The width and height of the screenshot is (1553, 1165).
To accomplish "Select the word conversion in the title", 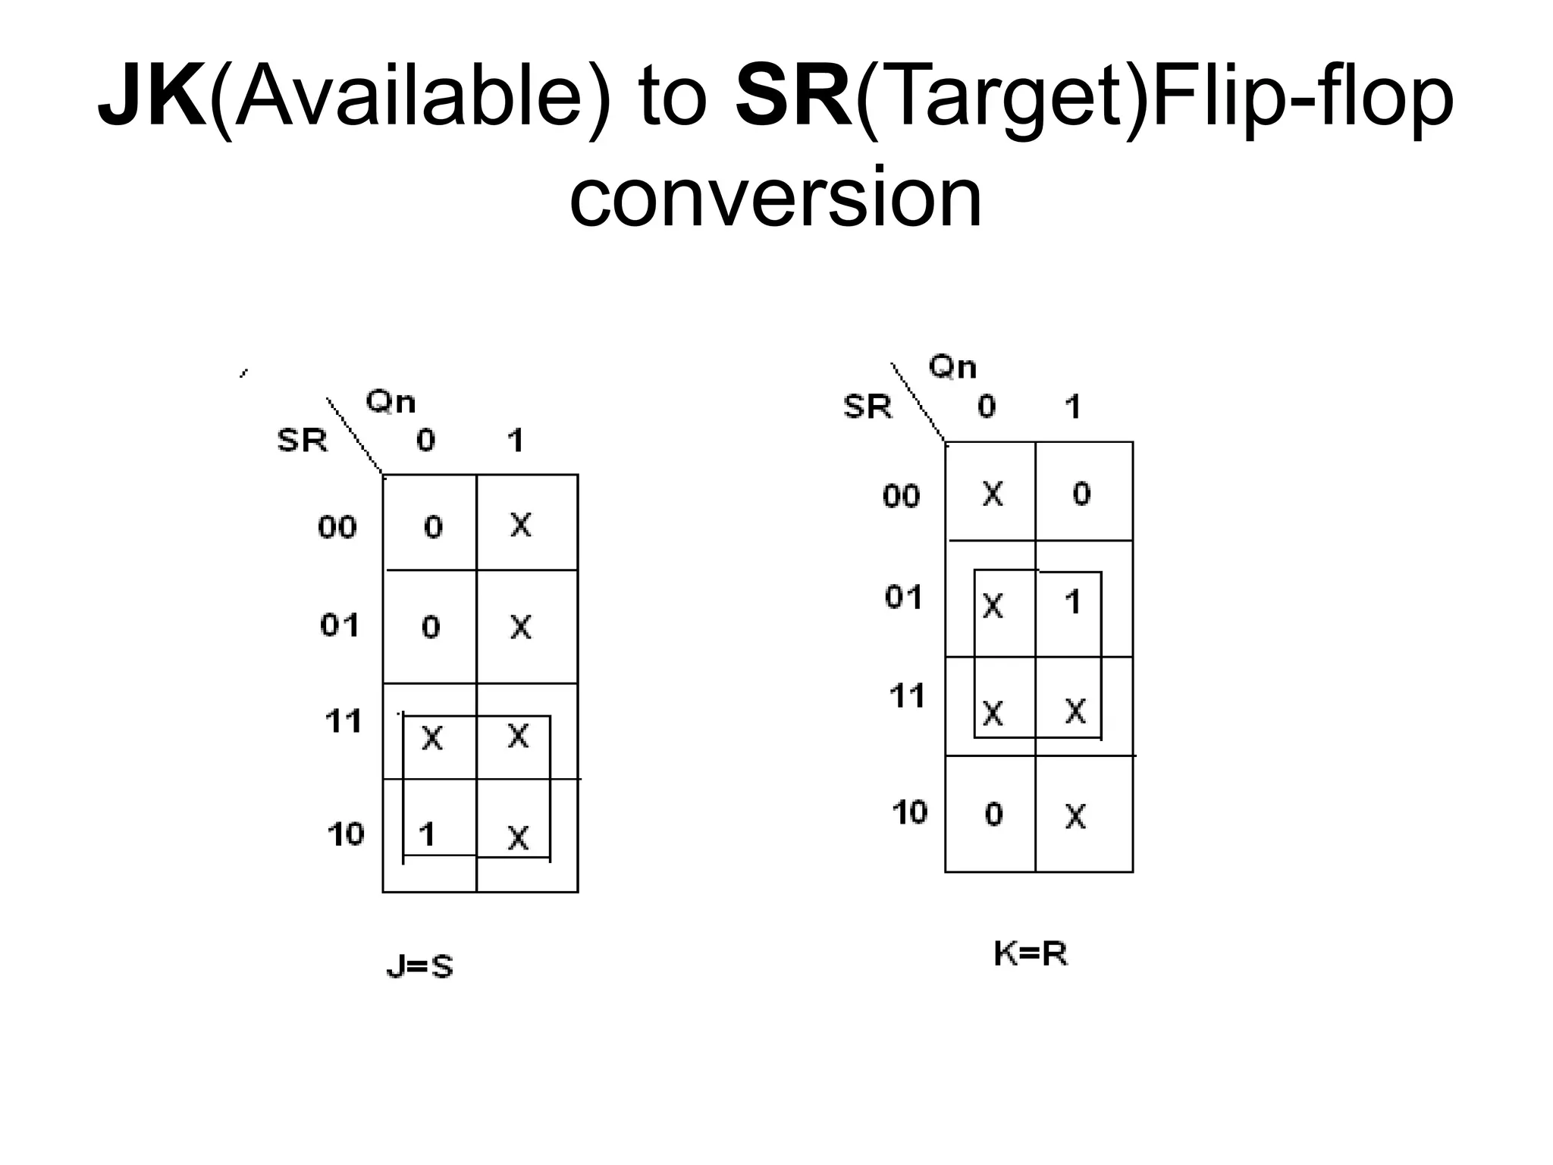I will (776, 197).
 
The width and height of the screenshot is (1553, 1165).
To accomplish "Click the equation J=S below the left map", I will (419, 966).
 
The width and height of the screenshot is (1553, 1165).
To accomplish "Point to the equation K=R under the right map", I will (1031, 954).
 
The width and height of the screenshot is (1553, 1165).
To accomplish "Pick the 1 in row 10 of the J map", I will (427, 834).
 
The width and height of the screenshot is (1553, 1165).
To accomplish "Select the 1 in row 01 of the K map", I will (1072, 602).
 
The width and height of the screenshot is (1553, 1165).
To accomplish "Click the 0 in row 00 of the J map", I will (432, 526).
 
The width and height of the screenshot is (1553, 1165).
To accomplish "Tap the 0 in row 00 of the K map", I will (1081, 494).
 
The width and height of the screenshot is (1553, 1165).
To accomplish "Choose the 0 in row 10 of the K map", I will (993, 814).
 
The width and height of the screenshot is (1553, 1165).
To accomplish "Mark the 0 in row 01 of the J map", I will (431, 626).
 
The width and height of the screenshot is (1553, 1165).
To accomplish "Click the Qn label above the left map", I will (391, 401).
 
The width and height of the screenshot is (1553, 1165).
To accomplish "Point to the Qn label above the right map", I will (953, 368).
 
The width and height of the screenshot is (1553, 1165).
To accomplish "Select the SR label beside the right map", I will (867, 407).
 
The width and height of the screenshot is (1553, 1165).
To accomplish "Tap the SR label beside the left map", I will (302, 440).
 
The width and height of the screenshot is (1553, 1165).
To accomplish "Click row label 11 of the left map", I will (343, 721).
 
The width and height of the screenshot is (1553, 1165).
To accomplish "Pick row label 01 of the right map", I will (903, 598).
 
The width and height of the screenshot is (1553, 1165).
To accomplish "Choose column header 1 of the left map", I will (516, 440).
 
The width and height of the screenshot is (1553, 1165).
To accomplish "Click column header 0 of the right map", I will (986, 407).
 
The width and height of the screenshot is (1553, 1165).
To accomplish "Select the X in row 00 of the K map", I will (993, 495).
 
